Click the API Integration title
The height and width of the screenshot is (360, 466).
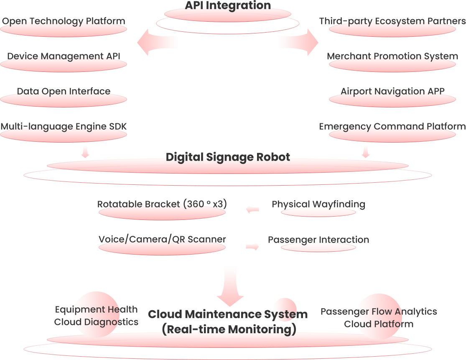pos(228,5)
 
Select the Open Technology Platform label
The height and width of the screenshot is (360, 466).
pos(64,21)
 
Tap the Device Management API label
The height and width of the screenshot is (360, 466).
pos(64,56)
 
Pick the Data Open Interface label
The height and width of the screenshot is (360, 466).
pos(64,92)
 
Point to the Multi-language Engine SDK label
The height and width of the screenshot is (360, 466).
pos(64,127)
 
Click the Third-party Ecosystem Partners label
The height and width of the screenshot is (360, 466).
pos(392,21)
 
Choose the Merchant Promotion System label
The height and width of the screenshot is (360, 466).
pos(392,56)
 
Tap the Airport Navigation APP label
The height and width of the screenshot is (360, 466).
pos(392,92)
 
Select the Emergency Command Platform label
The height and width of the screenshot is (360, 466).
pos(392,127)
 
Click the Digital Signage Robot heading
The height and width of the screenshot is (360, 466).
pos(228,157)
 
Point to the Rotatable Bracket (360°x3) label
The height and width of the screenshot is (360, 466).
pos(162,204)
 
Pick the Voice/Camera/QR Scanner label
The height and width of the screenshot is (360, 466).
pos(162,239)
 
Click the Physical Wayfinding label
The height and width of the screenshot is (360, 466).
pos(318,204)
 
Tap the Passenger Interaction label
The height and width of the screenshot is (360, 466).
pos(318,240)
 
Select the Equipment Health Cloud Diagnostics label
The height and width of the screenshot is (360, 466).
pos(96,316)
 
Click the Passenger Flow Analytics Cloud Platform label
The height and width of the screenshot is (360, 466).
pos(379,318)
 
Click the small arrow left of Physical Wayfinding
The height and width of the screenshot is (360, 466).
pos(252,209)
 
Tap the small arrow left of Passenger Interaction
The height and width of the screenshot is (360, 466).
pos(252,247)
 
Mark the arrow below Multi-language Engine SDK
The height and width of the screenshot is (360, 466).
pos(85,152)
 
